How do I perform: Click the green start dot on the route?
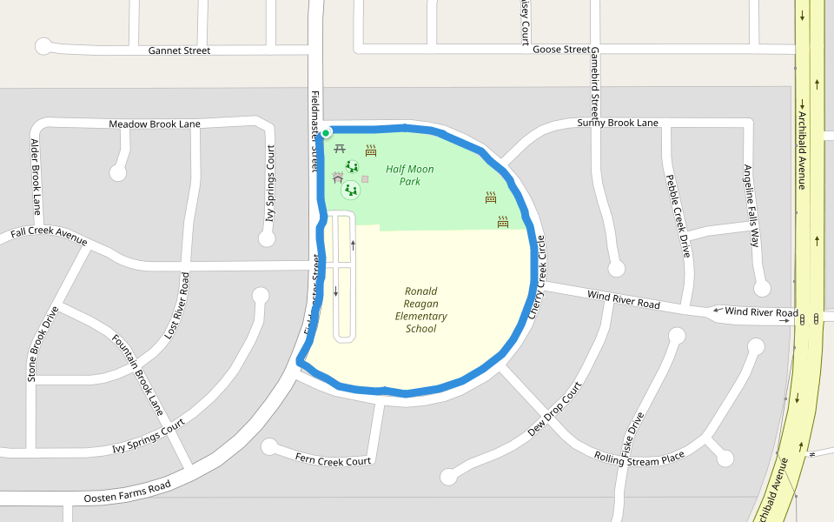[326, 133]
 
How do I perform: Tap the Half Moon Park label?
[410, 175]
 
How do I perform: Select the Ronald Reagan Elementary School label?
[420, 310]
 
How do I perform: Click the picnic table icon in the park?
[340, 150]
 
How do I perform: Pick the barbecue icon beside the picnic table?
[371, 150]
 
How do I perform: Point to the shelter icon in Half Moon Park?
[337, 177]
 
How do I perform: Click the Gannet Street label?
[179, 51]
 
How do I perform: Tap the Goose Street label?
[560, 50]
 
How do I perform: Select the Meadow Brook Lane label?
[155, 124]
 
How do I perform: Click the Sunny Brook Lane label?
[618, 123]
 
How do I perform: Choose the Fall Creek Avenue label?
[49, 233]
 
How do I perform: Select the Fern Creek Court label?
[333, 459]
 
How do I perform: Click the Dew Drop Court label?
[553, 409]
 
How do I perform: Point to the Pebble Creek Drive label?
[677, 216]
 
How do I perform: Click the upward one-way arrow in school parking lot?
[353, 244]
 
